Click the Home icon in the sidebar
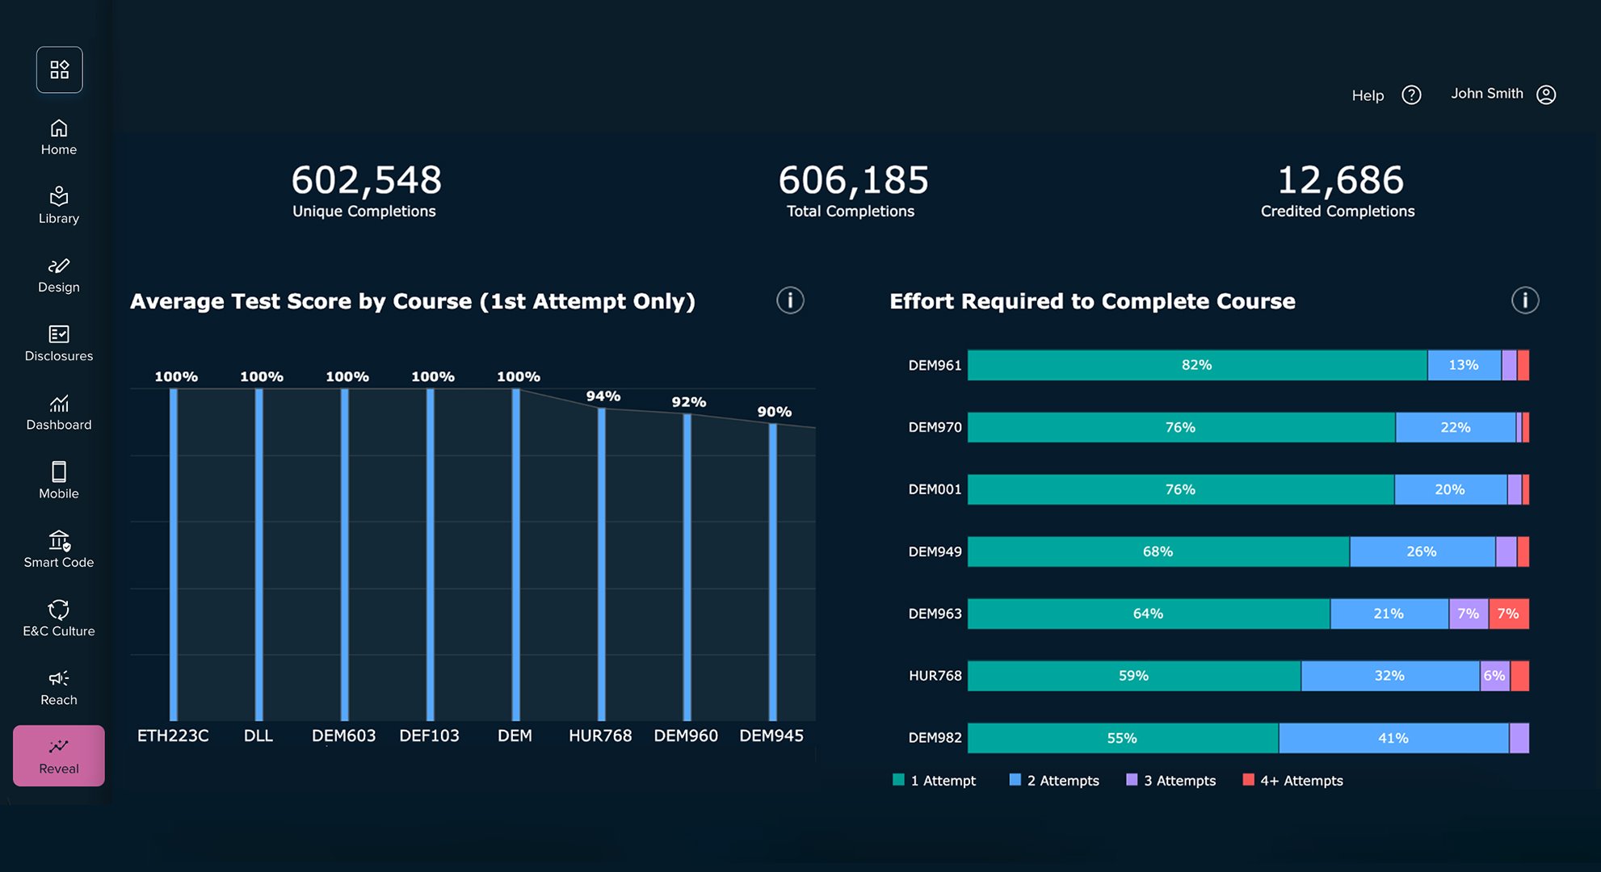(59, 129)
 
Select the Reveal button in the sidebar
(59, 756)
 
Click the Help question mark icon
(1411, 95)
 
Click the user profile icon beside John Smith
(1546, 94)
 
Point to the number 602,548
(366, 180)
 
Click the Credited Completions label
(1338, 212)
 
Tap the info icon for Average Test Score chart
(790, 300)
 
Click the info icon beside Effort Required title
(1525, 300)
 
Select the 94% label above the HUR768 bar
(603, 396)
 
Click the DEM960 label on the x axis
(686, 736)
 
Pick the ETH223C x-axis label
(173, 736)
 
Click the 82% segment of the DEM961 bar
(1196, 365)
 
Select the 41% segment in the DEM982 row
(1393, 738)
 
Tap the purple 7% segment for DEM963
(1468, 614)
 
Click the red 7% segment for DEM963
(1508, 614)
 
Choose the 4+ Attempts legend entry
(1293, 781)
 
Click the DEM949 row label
(935, 551)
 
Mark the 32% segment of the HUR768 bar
(1389, 676)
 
